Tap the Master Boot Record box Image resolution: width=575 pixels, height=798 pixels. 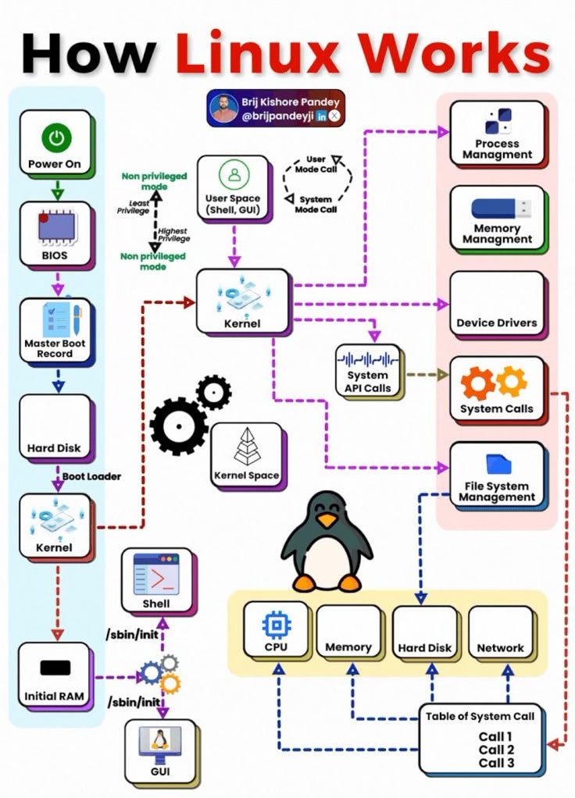(x=55, y=330)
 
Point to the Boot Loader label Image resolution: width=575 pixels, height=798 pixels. (x=91, y=476)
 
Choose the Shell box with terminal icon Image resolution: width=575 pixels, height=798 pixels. (x=156, y=579)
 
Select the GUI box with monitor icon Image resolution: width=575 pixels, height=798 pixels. (x=159, y=750)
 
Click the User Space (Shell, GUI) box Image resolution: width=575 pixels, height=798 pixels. (x=233, y=187)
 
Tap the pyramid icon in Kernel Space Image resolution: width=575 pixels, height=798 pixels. (x=246, y=447)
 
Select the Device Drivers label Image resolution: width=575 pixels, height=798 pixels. (x=497, y=322)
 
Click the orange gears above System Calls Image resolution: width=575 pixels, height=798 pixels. (x=495, y=383)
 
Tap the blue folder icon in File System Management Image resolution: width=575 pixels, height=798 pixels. (x=498, y=465)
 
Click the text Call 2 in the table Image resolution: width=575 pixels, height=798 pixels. (x=496, y=750)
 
